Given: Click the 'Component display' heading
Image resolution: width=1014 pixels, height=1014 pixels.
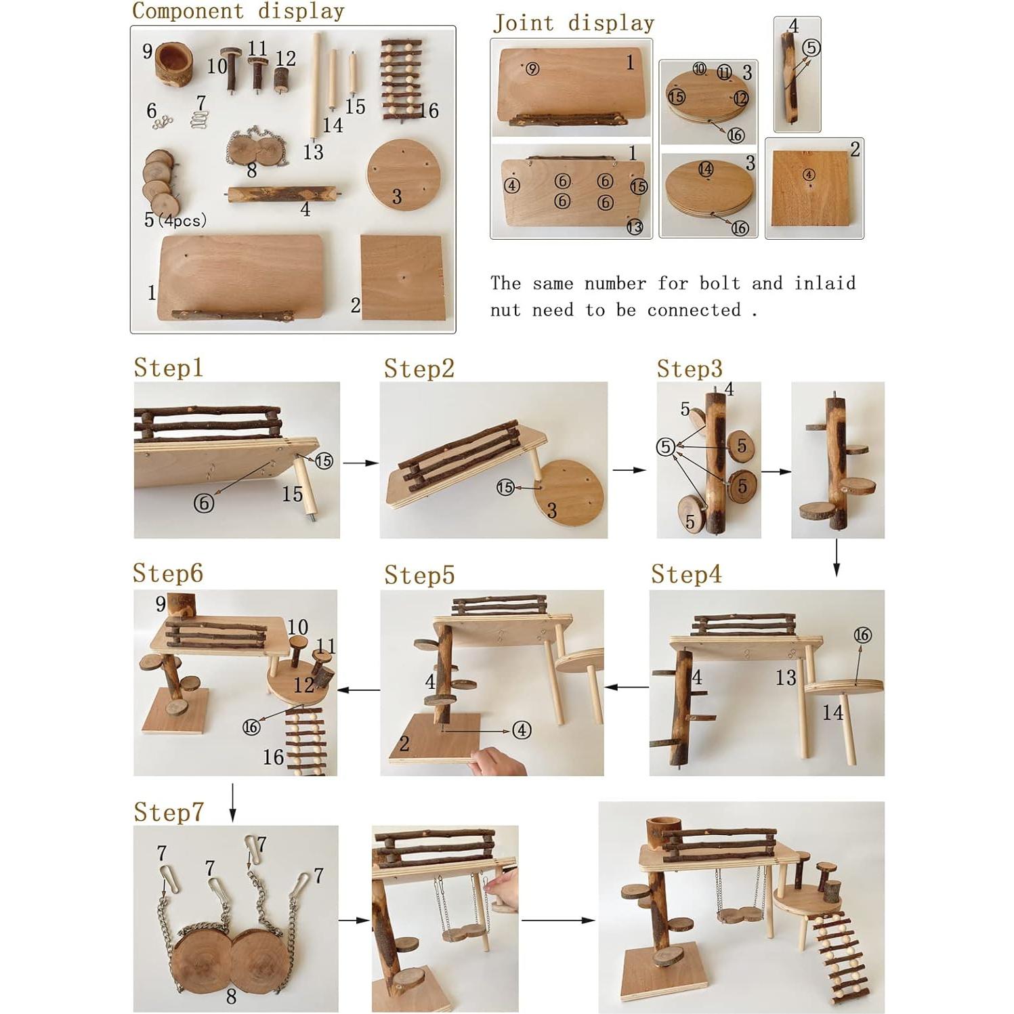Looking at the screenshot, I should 238,11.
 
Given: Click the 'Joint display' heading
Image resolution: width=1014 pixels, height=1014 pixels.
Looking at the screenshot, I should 573,23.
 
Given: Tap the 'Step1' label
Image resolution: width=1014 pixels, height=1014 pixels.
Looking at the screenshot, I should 168,367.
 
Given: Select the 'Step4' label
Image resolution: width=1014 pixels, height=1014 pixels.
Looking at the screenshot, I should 686,574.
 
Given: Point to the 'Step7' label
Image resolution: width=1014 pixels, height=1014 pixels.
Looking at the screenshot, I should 168,811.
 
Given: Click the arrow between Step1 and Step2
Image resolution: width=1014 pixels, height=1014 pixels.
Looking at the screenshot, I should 360,463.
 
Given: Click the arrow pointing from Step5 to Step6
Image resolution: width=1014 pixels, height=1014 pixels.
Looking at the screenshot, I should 358,690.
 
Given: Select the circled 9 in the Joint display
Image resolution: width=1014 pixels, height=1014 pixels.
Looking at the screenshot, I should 532,68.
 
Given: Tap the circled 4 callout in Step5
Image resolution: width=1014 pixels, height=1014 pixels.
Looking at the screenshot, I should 521,730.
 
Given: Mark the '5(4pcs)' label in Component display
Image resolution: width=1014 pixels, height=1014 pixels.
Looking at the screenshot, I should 175,220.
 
